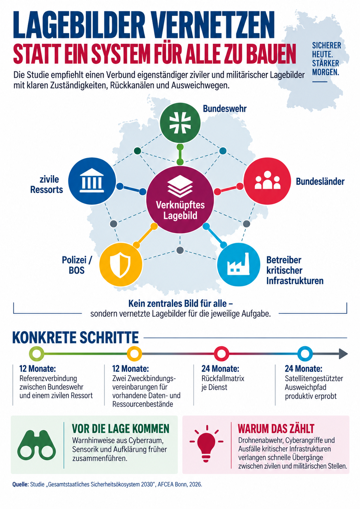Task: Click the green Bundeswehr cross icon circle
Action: click(180, 123)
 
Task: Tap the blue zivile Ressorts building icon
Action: click(92, 181)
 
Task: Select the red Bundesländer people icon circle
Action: click(267, 181)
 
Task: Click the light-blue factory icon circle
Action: click(239, 265)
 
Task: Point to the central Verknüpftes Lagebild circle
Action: click(180, 200)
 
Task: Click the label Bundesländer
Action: click(320, 182)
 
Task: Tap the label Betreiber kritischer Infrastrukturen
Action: click(295, 270)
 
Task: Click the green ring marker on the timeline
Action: click(37, 354)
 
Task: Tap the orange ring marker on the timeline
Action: click(134, 354)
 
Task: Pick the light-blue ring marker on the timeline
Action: click(305, 354)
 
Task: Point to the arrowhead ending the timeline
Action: click(343, 354)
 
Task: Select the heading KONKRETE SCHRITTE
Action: click(75, 337)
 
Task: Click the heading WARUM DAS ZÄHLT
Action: click(276, 428)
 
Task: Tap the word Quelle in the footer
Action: click(20, 484)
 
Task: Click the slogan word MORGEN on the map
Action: click(326, 72)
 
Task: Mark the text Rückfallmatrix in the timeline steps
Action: click(223, 378)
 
